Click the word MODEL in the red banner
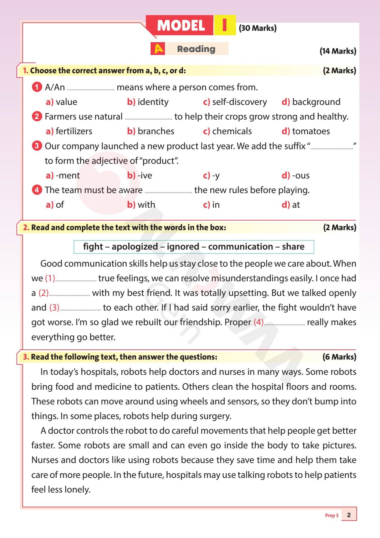181,26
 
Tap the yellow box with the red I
225,25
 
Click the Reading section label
196,49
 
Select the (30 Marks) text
258,28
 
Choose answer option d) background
311,102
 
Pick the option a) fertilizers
69,131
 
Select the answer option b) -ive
140,175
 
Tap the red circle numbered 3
37,146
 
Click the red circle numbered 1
37,87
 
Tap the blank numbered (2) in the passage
69,294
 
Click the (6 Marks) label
339,357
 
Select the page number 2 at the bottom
349,515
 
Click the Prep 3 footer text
332,515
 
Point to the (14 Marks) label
338,51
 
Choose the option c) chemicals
227,131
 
